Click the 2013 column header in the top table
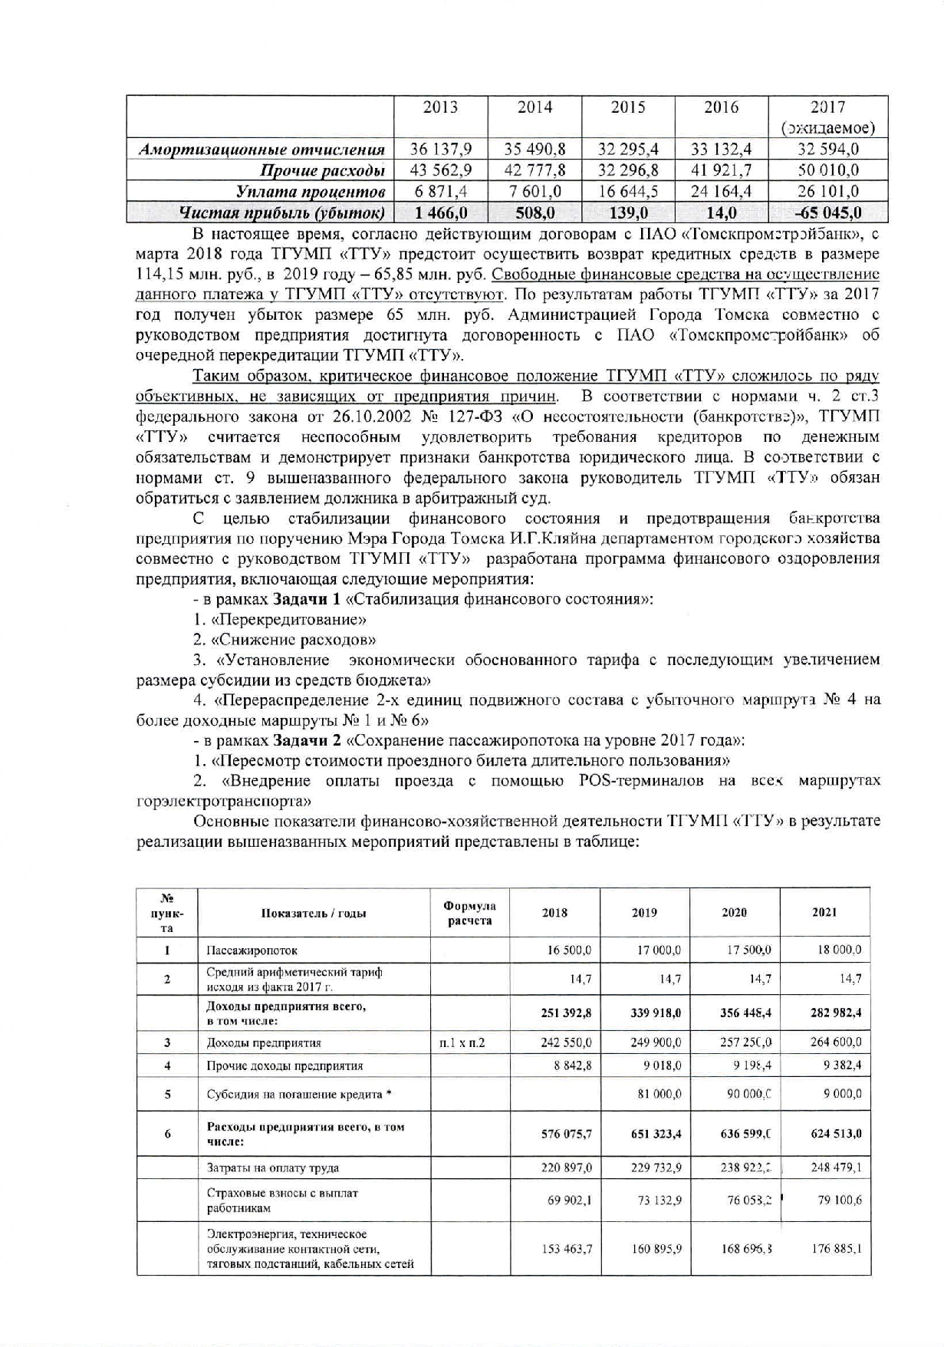tap(440, 107)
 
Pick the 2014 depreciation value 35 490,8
tap(534, 149)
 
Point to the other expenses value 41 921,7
tap(721, 170)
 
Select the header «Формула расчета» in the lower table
tap(469, 913)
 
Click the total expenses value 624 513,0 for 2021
tap(836, 1134)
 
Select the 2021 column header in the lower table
tap(824, 913)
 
